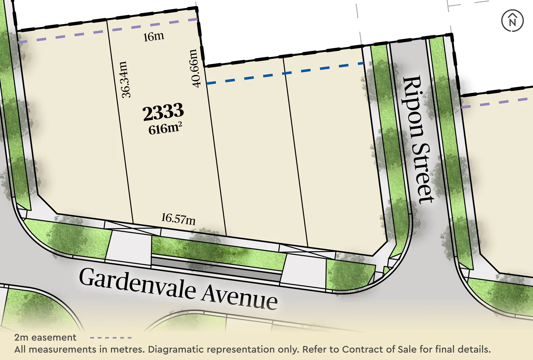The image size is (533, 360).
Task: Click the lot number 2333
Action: pyautogui.click(x=163, y=112)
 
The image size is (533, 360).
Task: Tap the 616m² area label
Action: pyautogui.click(x=165, y=129)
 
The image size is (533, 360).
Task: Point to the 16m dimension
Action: pyautogui.click(x=154, y=37)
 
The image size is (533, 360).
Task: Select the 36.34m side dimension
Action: pyautogui.click(x=125, y=79)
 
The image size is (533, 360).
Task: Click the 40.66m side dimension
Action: pyautogui.click(x=195, y=69)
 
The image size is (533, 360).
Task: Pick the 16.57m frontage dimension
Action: pyautogui.click(x=178, y=219)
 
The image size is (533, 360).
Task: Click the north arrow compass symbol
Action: pyautogui.click(x=512, y=21)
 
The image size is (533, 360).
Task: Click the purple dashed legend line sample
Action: pyautogui.click(x=111, y=338)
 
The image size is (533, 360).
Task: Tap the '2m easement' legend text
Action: pyautogui.click(x=45, y=337)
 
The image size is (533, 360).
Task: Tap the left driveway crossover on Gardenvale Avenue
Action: pyautogui.click(x=129, y=246)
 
